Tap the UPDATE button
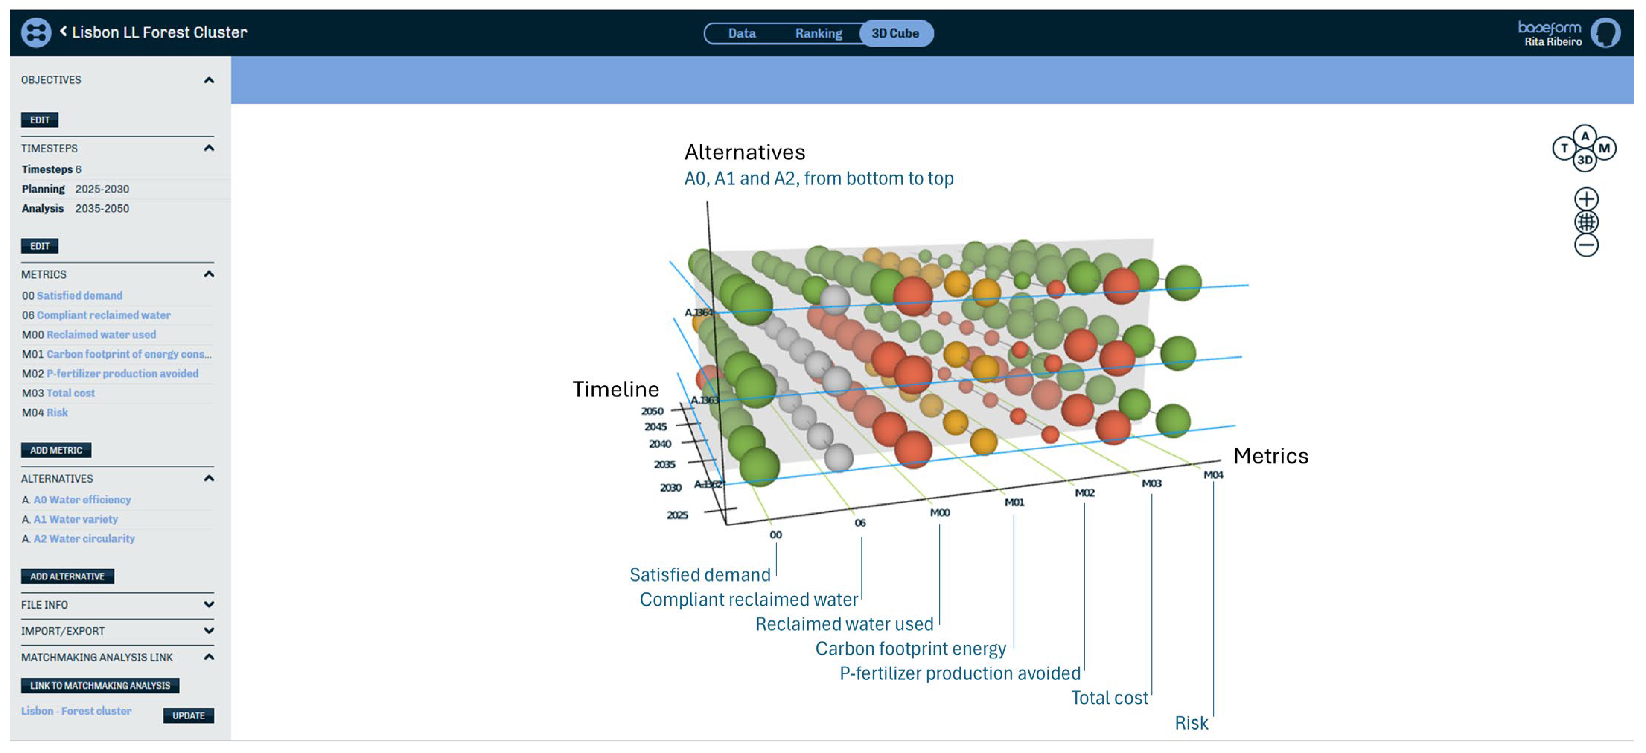pos(188,715)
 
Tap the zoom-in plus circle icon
pos(1586,199)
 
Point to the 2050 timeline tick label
pos(653,411)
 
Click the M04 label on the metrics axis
pos(1213,475)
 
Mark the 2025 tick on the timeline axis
pos(677,515)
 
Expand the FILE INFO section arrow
pos(208,604)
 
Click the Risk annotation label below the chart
pos(1191,722)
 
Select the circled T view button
pos(1564,148)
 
